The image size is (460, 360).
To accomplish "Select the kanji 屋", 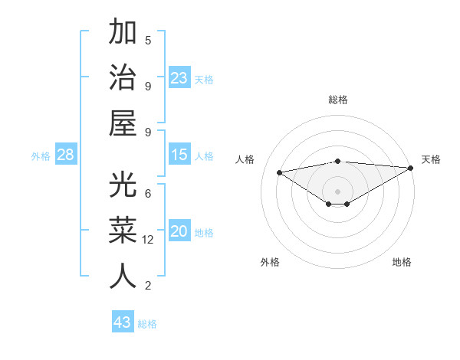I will click(x=123, y=123).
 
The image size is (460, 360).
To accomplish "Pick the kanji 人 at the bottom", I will click(x=123, y=276).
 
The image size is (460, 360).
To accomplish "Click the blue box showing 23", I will click(x=179, y=78).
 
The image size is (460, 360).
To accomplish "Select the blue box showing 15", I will click(x=179, y=155).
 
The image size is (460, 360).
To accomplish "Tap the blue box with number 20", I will click(x=179, y=231).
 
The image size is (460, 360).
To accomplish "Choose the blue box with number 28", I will click(x=65, y=155).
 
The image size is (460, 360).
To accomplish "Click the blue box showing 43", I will click(x=122, y=322).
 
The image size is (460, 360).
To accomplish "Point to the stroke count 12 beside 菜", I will click(x=148, y=240).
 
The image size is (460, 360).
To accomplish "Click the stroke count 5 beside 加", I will click(x=148, y=40).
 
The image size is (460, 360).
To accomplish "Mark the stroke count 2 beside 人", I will click(x=148, y=286).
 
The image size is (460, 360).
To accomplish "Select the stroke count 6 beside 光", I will click(x=148, y=193).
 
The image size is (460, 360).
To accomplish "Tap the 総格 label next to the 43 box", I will click(x=147, y=324).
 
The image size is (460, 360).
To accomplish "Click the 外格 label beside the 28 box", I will click(x=41, y=156).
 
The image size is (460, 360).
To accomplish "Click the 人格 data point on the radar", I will click(x=279, y=172).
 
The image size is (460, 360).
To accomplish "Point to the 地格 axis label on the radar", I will click(x=402, y=262).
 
